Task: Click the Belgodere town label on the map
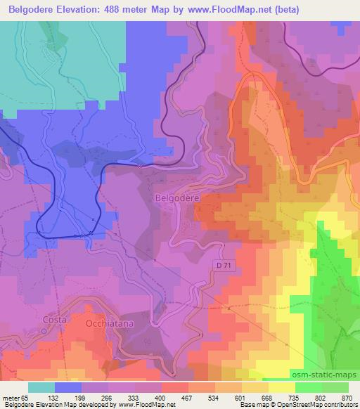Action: click(176, 199)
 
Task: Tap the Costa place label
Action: click(54, 320)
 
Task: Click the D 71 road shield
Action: click(223, 263)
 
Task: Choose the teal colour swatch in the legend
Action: click(41, 387)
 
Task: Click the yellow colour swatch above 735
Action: click(282, 387)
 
